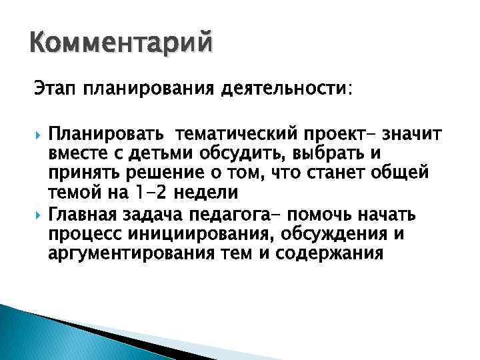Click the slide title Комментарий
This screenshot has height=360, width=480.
[123, 45]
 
